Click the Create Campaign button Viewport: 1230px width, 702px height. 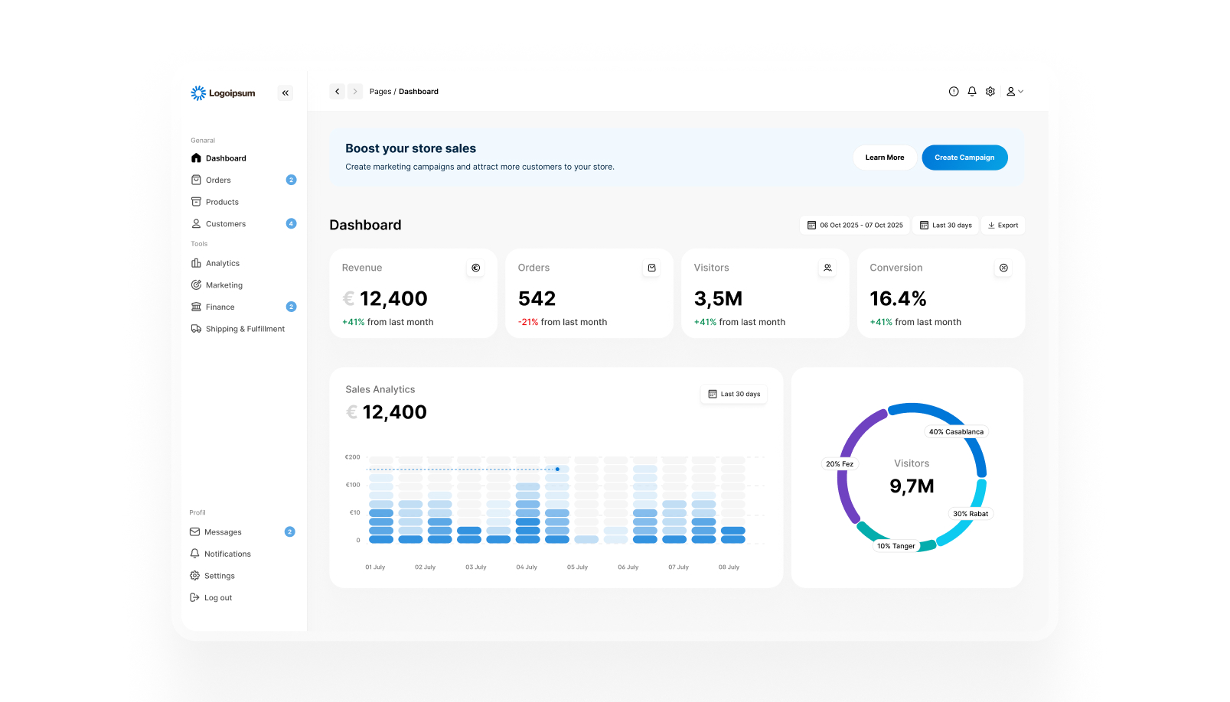[964, 158]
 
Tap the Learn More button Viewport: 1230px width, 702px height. [885, 158]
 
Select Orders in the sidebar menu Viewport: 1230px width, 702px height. [218, 180]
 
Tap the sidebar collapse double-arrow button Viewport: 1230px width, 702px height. [285, 93]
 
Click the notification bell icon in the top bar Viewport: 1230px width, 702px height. [972, 92]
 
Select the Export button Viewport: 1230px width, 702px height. [1003, 225]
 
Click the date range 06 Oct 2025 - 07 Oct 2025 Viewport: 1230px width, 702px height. [855, 225]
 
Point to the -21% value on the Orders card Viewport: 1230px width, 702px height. [527, 322]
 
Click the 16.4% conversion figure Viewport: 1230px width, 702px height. [898, 298]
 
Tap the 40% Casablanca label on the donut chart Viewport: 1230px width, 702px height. [956, 431]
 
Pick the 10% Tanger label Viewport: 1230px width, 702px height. [896, 546]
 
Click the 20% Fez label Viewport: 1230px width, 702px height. [840, 463]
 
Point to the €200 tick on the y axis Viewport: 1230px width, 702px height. [352, 457]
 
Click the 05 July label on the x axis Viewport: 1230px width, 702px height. [577, 567]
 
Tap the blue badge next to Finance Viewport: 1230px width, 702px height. [291, 307]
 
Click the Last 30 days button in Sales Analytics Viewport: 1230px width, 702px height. [733, 394]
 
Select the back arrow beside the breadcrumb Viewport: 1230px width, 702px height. [337, 92]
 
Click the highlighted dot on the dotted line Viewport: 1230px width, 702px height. [557, 470]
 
